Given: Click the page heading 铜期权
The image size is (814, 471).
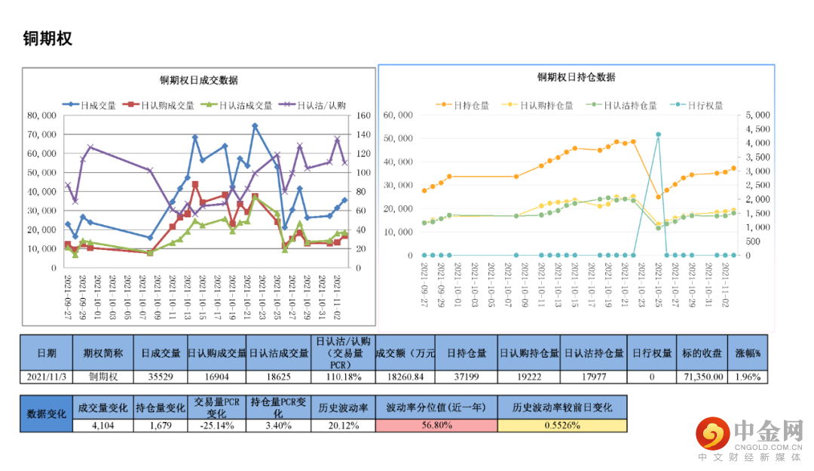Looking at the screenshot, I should pos(47,38).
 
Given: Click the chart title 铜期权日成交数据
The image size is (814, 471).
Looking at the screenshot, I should pos(199,80).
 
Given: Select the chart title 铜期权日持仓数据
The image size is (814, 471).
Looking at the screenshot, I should pos(576,77).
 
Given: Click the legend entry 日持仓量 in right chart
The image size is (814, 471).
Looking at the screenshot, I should pos(472,106).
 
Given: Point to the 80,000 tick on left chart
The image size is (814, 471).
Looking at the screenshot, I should pos(41,115).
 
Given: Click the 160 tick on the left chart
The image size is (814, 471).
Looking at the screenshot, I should pos(363,115).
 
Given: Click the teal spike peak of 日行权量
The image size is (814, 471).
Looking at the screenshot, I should pos(658,134).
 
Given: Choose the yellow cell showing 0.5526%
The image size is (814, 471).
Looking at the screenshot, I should pos(562,425).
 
